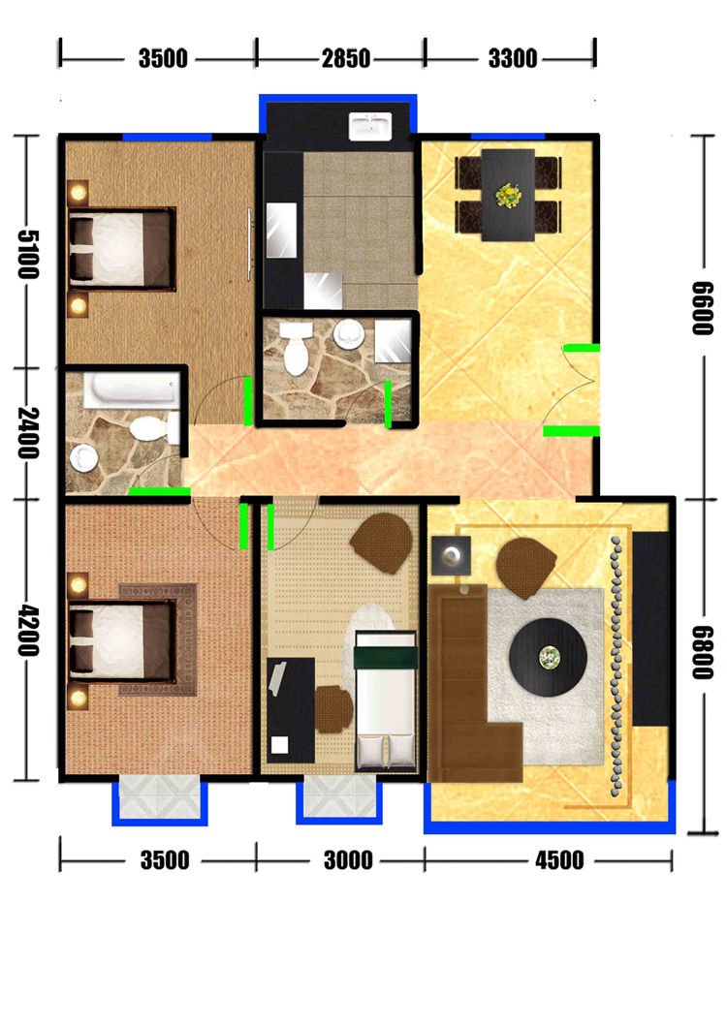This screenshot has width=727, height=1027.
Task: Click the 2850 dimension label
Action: click(x=345, y=58)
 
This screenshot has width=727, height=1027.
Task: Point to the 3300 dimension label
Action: click(x=513, y=58)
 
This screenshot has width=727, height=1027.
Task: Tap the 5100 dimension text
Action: click(x=28, y=254)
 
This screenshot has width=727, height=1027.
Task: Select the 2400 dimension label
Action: click(x=28, y=432)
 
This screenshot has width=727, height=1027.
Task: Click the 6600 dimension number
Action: click(x=703, y=308)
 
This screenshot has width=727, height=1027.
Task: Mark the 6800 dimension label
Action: click(x=703, y=652)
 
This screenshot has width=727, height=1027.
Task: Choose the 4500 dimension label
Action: click(x=559, y=860)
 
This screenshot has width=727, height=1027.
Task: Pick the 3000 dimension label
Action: click(x=348, y=860)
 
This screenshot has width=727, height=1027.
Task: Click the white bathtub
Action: click(x=131, y=391)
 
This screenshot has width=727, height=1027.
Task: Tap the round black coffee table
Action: click(x=548, y=656)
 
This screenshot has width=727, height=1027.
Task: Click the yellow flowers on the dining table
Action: click(x=508, y=195)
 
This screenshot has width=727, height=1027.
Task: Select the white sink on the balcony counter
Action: click(x=369, y=126)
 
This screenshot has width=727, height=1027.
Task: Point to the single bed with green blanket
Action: click(x=386, y=700)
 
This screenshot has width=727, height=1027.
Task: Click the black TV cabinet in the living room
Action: click(x=650, y=628)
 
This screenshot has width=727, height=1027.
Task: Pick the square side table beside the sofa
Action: click(x=451, y=556)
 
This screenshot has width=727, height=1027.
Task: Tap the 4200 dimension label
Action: click(x=28, y=632)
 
